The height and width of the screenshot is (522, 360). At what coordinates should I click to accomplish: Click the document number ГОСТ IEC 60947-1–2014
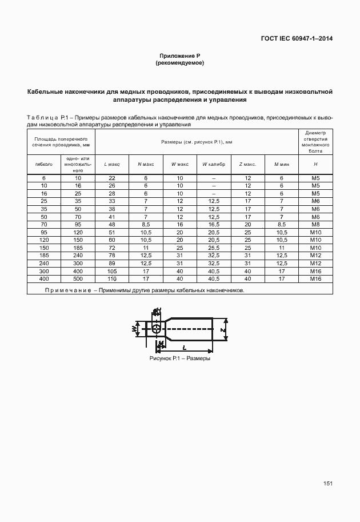(x=297, y=39)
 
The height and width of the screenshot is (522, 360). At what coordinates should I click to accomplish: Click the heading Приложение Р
(x=179, y=55)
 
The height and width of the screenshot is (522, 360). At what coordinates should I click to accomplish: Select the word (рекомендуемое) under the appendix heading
(x=179, y=63)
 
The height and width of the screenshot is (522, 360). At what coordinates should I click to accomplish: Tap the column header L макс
(x=112, y=164)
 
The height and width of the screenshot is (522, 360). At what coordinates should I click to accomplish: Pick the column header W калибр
(x=214, y=164)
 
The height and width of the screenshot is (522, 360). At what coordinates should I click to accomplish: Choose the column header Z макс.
(x=247, y=164)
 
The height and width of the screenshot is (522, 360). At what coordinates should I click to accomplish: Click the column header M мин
(x=282, y=164)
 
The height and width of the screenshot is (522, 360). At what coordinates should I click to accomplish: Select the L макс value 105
(x=112, y=271)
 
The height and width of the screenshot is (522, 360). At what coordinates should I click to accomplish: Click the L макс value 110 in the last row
(x=112, y=278)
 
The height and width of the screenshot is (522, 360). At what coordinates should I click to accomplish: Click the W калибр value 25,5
(x=214, y=248)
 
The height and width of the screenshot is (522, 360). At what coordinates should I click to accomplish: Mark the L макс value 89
(x=112, y=263)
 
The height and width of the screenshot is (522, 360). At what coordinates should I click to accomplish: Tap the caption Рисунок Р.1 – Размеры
(x=179, y=358)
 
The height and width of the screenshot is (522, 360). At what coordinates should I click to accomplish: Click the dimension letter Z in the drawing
(x=224, y=330)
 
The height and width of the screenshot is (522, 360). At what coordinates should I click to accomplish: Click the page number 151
(x=327, y=484)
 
